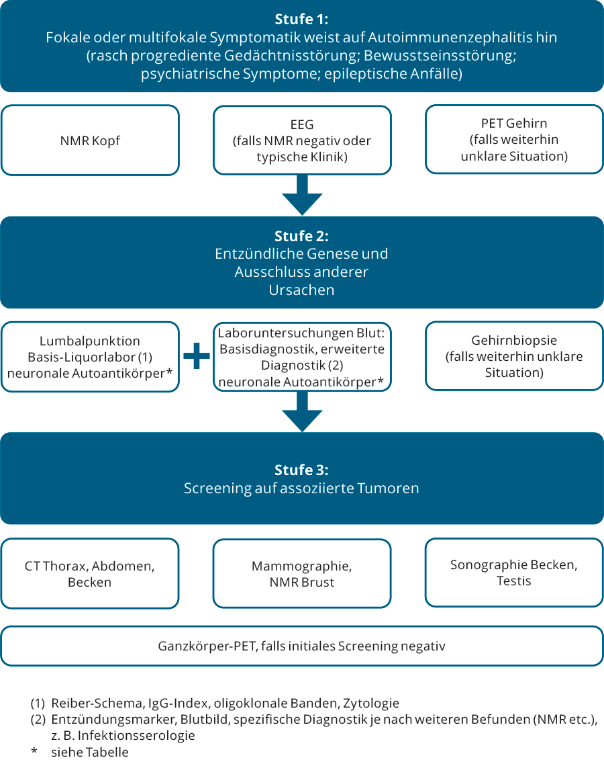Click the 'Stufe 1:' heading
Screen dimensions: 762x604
[x=301, y=19]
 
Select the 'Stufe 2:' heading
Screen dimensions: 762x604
[x=301, y=236]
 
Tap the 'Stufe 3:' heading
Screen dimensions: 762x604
[x=301, y=470]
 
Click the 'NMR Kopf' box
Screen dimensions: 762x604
[x=90, y=140]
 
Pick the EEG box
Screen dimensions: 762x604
[x=302, y=140]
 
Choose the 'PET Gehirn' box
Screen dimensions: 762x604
[x=514, y=140]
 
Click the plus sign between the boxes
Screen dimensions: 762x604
[x=197, y=357]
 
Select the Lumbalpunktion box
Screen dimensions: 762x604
[x=90, y=357]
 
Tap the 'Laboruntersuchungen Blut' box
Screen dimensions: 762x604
[x=302, y=356]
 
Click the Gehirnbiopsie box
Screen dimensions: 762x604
[x=514, y=356]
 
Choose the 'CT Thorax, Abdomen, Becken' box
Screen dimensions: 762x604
[x=90, y=573]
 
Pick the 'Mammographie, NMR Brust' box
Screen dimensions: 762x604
[x=302, y=573]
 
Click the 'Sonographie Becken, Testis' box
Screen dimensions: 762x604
[x=514, y=573]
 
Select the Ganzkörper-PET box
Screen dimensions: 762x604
[x=302, y=646]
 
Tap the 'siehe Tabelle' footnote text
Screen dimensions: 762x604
[x=89, y=752]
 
